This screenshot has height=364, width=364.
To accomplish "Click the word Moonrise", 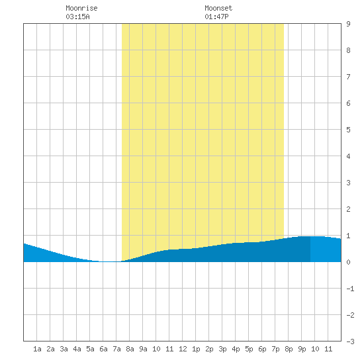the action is [x=81, y=8].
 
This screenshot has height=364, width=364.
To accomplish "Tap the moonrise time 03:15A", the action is [x=77, y=17].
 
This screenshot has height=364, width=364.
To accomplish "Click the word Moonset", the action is [x=218, y=8].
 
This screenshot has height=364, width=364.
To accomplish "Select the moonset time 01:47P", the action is [x=216, y=17].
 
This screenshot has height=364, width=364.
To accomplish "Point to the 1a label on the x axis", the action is [x=37, y=349].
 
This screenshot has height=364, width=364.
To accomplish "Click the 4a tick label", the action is [x=77, y=349].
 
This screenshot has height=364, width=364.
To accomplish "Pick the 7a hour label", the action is [x=116, y=349].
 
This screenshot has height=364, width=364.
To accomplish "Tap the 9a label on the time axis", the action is [x=143, y=349].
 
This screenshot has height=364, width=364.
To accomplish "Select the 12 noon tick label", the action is [x=183, y=349].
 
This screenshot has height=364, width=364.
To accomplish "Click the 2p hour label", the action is [x=209, y=349].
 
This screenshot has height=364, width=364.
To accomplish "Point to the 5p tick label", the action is [x=249, y=349].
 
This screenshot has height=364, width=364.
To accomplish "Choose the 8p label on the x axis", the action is [x=289, y=349].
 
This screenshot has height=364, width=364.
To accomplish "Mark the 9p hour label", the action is [x=302, y=349].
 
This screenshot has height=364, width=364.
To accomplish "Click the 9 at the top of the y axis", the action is [x=348, y=24].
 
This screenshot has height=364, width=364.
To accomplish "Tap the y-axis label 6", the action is [x=348, y=103].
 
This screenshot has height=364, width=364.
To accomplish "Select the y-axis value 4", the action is [x=348, y=156].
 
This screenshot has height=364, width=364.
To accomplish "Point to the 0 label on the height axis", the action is [x=348, y=262].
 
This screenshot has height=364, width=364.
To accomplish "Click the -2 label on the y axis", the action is [x=350, y=315].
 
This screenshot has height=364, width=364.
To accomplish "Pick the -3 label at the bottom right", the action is [x=350, y=341].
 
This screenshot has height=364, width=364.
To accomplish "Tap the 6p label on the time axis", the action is [x=262, y=349].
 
